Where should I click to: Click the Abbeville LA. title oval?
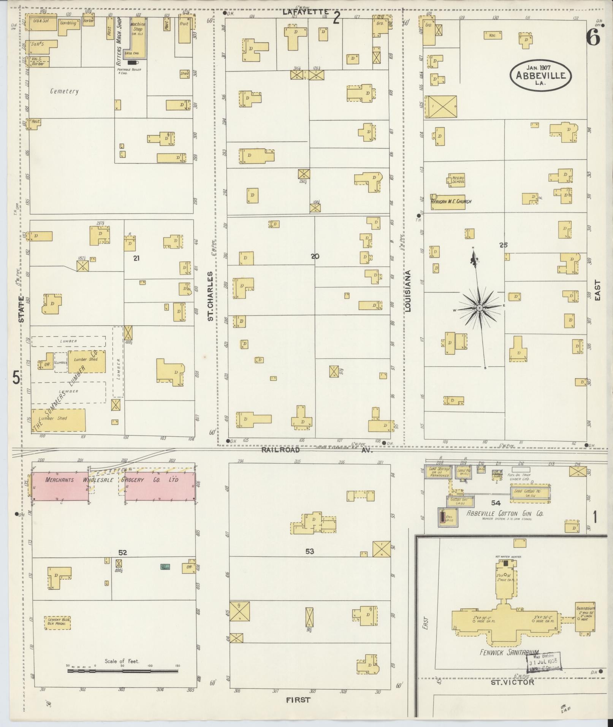[x=540, y=76]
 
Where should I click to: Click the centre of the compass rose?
[x=480, y=307]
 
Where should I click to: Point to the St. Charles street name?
[x=210, y=296]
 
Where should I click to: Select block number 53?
[x=310, y=551]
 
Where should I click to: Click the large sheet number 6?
[x=593, y=38]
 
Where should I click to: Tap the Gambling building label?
[x=68, y=23]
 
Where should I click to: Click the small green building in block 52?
[x=165, y=567]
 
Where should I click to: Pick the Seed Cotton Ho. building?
[x=530, y=493]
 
